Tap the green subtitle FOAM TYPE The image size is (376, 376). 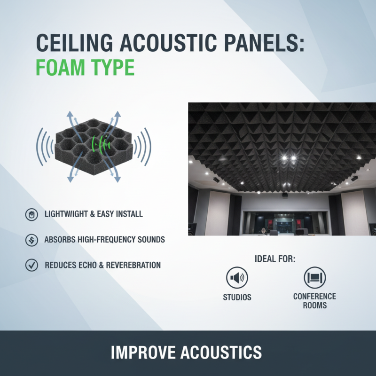tap(85, 68)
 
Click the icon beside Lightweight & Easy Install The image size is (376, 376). tap(31, 214)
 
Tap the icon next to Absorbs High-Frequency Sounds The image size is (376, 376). tap(31, 240)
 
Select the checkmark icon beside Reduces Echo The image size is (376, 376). tap(31, 265)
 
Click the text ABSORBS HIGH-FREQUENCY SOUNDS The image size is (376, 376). tap(104, 240)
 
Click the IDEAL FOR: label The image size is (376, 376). tap(275, 259)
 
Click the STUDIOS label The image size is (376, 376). tap(237, 297)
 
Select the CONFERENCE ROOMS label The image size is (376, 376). tap(314, 301)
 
